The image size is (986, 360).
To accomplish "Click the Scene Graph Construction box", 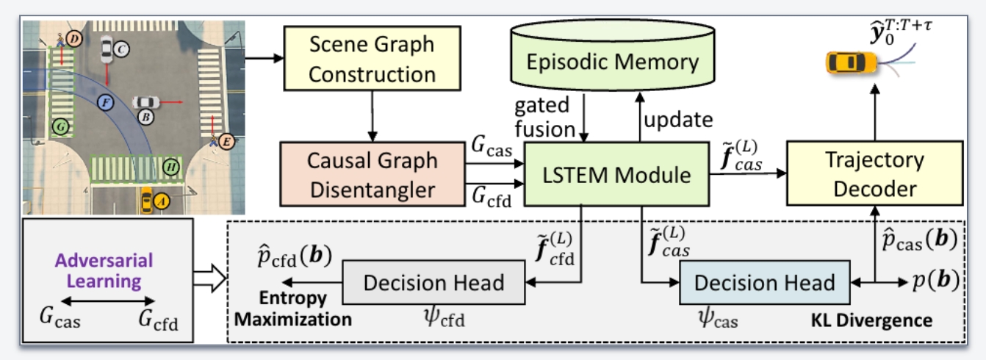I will [371, 60].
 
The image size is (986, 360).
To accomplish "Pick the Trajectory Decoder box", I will [875, 175].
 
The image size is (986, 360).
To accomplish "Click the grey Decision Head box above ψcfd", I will [434, 282].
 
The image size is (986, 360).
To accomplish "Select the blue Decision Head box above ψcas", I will [765, 282].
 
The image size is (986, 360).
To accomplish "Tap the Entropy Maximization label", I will [303, 309].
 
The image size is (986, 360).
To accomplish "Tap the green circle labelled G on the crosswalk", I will [61, 128].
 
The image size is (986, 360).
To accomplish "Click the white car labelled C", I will [107, 48].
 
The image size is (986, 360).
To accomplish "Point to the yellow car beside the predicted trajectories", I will [852, 62].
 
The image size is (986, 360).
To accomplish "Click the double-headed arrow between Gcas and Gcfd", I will [107, 300].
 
